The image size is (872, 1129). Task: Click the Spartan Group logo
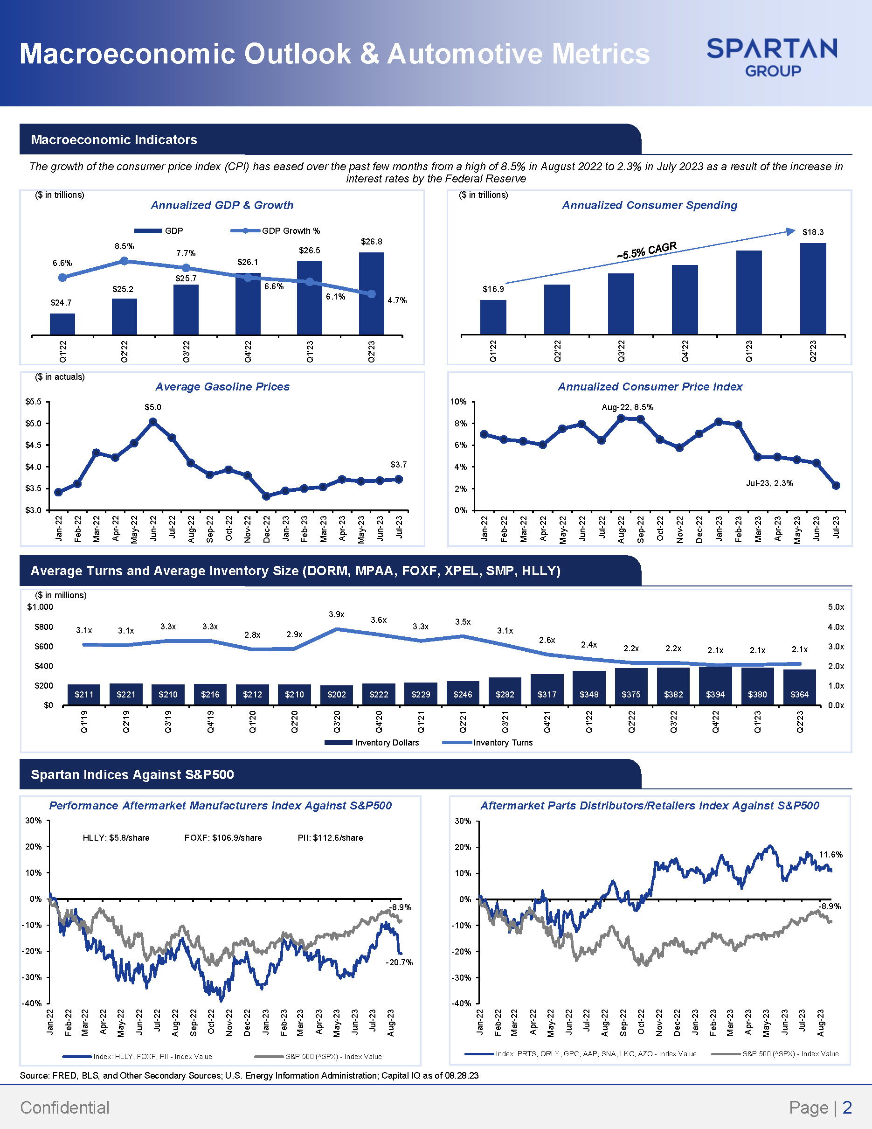[772, 57]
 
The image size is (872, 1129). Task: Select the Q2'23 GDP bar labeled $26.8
[372, 293]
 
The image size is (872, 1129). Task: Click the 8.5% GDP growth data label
[125, 246]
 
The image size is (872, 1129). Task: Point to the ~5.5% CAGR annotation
[646, 250]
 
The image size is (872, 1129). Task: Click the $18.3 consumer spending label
[813, 232]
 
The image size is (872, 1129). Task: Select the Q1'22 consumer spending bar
[493, 317]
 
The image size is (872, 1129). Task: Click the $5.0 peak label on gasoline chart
[153, 407]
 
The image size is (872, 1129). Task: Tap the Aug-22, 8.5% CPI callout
[628, 407]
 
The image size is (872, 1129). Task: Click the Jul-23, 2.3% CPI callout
[769, 483]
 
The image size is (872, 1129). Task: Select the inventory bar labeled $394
[715, 685]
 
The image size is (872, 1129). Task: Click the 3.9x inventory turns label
[336, 614]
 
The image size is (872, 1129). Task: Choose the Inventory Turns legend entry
[488, 742]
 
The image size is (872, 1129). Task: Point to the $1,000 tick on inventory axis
[40, 606]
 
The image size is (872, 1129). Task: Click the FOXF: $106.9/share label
[223, 837]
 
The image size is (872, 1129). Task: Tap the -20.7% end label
[399, 962]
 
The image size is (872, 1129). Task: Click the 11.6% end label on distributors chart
[830, 855]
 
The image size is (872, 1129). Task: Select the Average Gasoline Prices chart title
[222, 386]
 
